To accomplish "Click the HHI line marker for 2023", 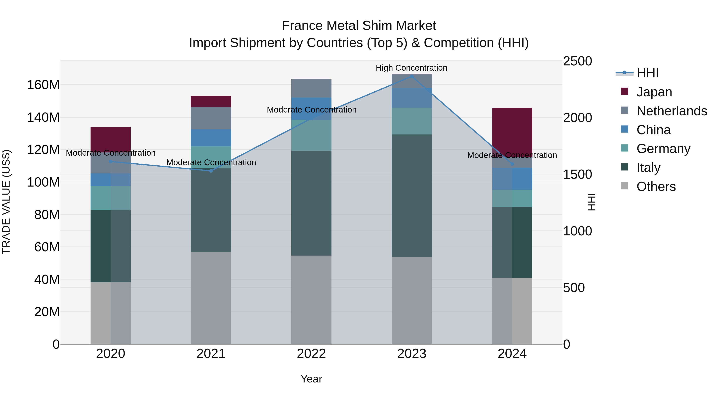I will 411,76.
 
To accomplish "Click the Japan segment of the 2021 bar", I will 211,102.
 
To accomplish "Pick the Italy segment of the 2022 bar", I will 311,203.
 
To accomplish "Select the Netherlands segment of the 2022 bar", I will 311,88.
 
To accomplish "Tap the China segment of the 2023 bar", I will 411,98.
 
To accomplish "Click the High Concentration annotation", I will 411,68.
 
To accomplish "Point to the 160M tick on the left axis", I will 43,85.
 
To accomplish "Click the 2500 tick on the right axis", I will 577,61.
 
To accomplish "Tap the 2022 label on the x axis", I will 311,354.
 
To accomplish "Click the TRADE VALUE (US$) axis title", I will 6,202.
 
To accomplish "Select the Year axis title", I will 311,379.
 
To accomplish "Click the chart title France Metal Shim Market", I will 359,26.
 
